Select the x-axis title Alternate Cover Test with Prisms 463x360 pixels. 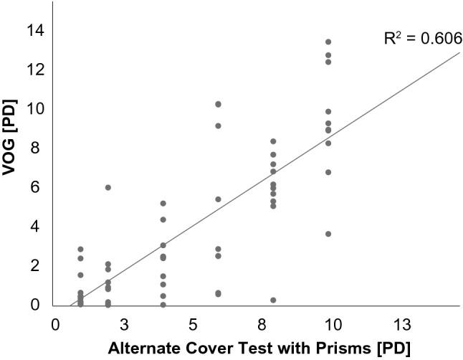click(259, 349)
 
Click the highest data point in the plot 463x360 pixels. click(328, 42)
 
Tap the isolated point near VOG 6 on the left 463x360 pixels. click(108, 187)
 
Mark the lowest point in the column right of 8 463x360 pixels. click(273, 300)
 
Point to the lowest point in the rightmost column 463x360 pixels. click(328, 234)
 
